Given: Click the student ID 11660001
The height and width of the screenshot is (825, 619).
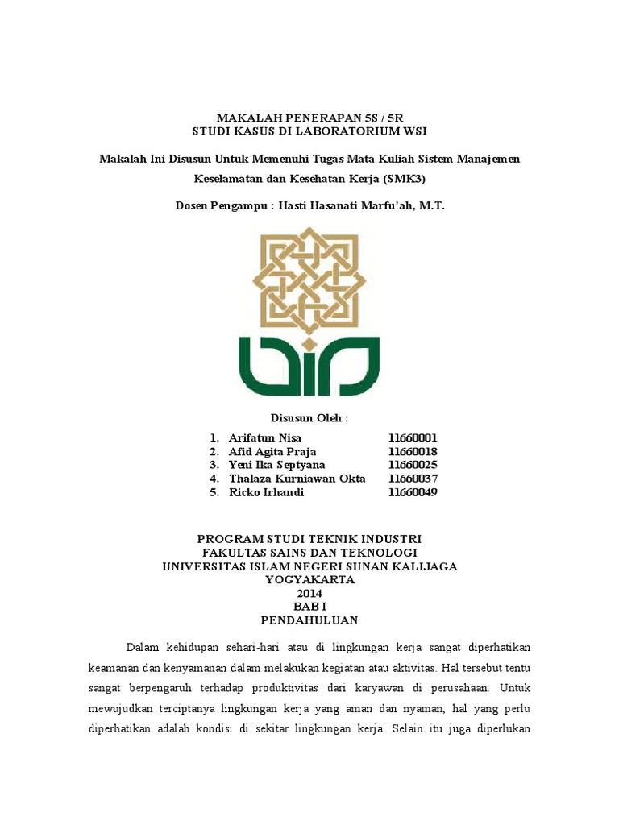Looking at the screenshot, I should tap(412, 437).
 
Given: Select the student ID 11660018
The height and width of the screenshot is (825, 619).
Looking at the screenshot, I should tap(412, 451).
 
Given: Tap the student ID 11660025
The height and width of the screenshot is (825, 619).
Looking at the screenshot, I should tap(412, 465).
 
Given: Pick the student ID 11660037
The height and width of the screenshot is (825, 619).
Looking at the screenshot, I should tap(412, 479).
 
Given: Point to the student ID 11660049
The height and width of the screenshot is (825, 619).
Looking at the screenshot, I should tap(412, 492).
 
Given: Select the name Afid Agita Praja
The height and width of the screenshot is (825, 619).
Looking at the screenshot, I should tap(272, 451).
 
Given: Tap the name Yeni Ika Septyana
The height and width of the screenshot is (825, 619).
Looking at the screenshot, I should tap(278, 465).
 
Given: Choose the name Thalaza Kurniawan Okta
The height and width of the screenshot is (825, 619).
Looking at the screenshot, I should tap(297, 479).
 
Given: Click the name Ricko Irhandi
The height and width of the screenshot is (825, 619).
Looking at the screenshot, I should tap(266, 492).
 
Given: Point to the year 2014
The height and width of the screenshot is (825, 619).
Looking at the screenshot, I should tap(309, 594).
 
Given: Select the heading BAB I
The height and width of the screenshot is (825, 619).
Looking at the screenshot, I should tap(309, 607).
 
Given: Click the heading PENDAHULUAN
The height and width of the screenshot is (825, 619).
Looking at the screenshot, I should tap(309, 620).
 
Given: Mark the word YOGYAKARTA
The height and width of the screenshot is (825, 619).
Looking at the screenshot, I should tap(309, 580).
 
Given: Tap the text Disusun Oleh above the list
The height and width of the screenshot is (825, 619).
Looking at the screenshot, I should tap(309, 418).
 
